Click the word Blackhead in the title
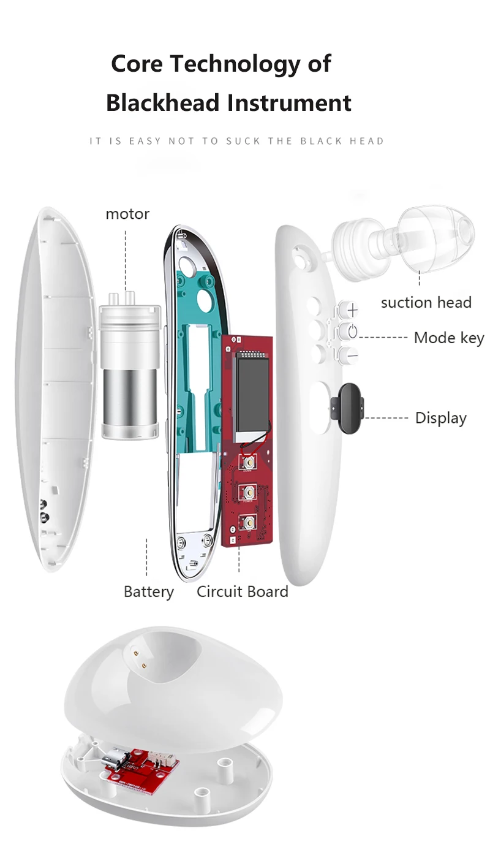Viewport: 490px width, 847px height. [x=162, y=102]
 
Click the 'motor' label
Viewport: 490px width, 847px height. [x=127, y=214]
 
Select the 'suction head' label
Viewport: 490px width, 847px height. [x=426, y=303]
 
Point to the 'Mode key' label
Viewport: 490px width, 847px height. [x=449, y=338]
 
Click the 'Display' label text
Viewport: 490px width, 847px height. [x=440, y=418]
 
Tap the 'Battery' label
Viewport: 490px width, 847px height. [x=149, y=591]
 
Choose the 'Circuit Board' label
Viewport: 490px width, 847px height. [x=242, y=591]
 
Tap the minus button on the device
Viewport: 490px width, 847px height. [x=349, y=355]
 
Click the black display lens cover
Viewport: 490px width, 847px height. [x=347, y=408]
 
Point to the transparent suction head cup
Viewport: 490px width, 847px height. [x=434, y=238]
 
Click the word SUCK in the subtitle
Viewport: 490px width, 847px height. [x=244, y=142]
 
